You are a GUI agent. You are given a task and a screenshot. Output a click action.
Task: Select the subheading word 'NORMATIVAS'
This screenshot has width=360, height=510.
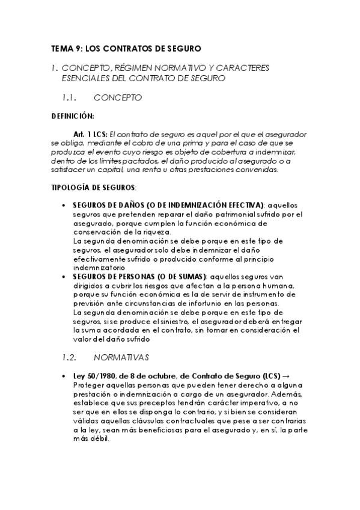[x=121, y=357]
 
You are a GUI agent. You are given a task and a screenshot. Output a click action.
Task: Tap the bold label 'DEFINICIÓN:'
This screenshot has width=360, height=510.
[x=73, y=115]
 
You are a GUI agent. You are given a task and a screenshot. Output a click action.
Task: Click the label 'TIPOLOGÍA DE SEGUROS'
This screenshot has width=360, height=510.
[x=93, y=188]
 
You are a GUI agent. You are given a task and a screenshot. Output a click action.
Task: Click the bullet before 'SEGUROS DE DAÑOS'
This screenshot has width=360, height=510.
[x=64, y=205]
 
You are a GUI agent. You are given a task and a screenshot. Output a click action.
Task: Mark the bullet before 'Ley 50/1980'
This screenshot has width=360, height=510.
[x=64, y=375]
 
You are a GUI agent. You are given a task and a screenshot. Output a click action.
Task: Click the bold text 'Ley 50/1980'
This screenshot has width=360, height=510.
[x=92, y=375]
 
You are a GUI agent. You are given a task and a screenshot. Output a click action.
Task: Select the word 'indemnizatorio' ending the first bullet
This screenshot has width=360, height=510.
[x=99, y=266]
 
